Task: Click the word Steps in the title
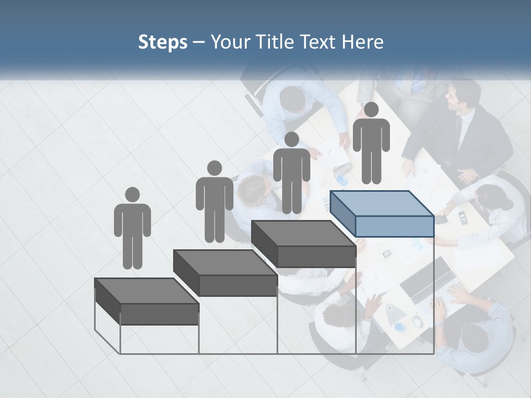click(163, 42)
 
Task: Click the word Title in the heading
click(277, 42)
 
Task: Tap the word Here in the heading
click(363, 42)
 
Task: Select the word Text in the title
click(320, 42)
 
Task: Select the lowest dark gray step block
click(147, 302)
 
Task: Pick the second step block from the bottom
click(225, 273)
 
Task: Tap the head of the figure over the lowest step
click(132, 195)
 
